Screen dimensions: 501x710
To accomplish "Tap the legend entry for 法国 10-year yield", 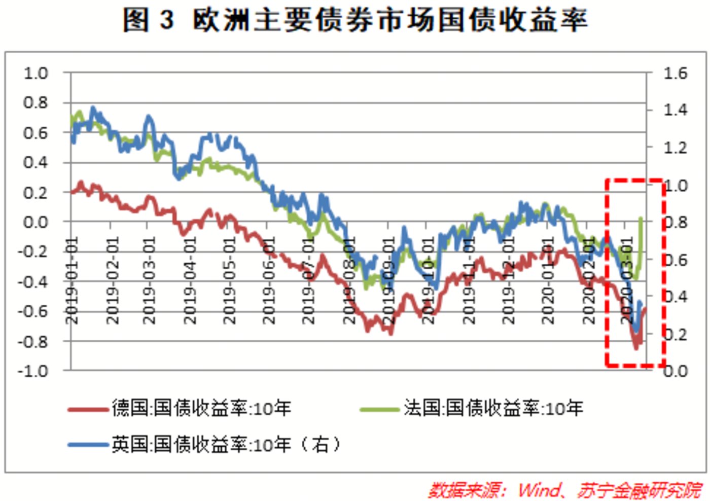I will [493, 408].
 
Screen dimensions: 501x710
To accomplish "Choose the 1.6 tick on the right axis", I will [676, 74].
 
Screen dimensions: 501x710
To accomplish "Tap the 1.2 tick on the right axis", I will [676, 148].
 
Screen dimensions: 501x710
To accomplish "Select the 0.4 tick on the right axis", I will [676, 297].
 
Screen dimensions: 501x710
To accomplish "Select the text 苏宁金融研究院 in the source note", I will [639, 490].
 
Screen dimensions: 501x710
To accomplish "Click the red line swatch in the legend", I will [89, 409].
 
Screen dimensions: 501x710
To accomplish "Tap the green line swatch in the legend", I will [379, 409].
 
